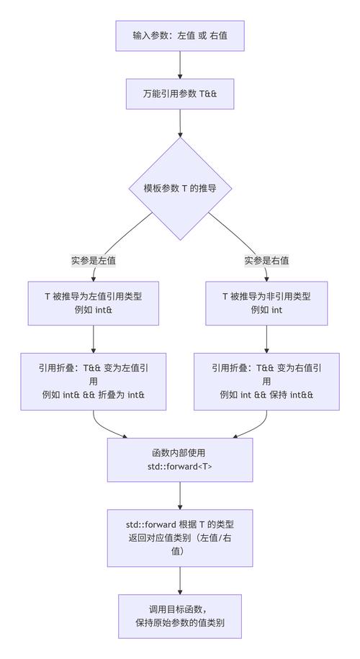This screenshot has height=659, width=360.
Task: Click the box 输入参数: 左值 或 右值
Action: point(180,35)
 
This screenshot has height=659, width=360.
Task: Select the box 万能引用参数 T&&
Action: point(180,94)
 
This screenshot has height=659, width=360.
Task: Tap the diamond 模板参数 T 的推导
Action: point(180,188)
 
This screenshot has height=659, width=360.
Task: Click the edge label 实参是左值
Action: point(94,261)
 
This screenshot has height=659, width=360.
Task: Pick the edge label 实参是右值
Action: point(266,261)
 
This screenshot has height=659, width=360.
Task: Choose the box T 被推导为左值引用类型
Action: point(94,302)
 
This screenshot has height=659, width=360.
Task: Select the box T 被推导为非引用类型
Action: point(266,302)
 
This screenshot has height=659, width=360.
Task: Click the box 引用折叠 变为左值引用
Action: point(94,381)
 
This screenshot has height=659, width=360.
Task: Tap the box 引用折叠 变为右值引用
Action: point(266,381)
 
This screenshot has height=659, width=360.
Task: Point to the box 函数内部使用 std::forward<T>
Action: point(180,459)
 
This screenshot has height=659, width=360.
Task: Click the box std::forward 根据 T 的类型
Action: point(180,538)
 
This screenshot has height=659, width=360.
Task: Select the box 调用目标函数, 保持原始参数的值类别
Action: point(180,617)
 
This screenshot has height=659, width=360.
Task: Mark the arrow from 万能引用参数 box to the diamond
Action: point(180,123)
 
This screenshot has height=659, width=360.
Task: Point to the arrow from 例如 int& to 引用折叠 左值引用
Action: point(94,339)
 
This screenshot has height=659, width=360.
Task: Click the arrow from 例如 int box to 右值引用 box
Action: point(266,339)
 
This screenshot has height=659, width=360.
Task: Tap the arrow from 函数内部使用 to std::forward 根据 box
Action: point(180,496)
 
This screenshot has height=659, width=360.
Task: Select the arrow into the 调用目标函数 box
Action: point(180,580)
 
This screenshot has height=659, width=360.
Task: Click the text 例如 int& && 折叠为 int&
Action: point(94,395)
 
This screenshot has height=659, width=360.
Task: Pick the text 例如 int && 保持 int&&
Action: point(266,395)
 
